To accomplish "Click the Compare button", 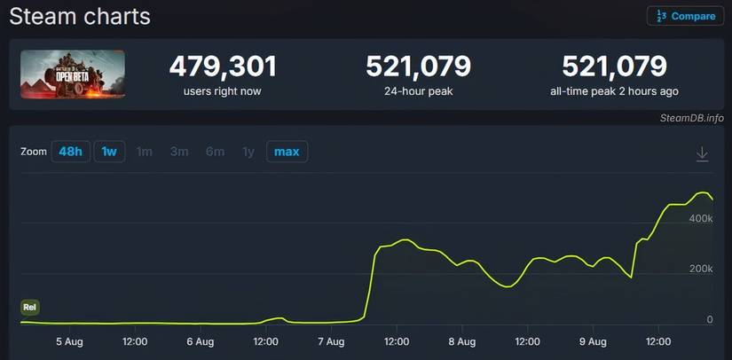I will tap(685, 16).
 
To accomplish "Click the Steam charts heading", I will tap(80, 16).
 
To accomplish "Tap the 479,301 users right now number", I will tap(223, 67).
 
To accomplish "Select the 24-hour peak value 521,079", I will tap(418, 67).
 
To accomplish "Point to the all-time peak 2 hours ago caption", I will tap(614, 90).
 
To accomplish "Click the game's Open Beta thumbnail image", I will tap(73, 74).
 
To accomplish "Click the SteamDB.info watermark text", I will tap(691, 118).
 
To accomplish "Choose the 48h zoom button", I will tap(70, 152).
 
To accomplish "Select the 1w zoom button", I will tap(109, 152).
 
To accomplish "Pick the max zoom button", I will tap(287, 152).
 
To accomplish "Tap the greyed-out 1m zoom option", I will tap(145, 152).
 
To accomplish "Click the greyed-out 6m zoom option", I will tap(215, 152).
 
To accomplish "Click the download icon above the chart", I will tap(702, 154).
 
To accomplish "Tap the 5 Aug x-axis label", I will tap(70, 340).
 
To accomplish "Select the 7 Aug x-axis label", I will tap(330, 340).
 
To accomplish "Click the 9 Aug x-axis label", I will tap(592, 340).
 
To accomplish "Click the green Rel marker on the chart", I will tap(30, 307).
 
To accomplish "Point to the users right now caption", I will tap(223, 90).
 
